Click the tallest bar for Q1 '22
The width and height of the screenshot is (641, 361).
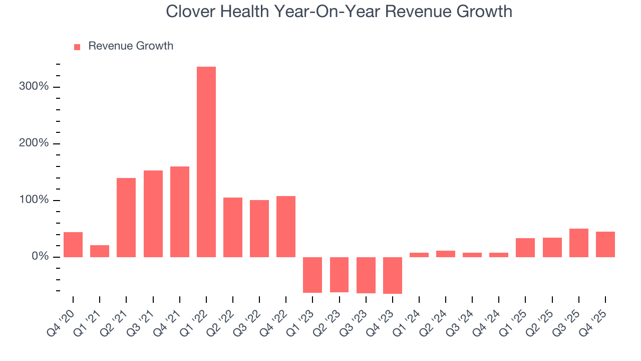[206, 161]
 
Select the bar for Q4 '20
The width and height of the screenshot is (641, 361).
[73, 245]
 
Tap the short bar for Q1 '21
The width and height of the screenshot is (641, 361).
[100, 251]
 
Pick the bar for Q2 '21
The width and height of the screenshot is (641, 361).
[126, 218]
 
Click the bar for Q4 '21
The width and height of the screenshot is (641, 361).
[180, 212]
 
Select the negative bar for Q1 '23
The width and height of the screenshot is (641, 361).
[312, 275]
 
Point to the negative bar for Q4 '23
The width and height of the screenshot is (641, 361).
[393, 275]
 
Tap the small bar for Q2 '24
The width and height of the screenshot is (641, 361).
[446, 254]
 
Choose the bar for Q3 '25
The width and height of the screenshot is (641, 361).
[579, 243]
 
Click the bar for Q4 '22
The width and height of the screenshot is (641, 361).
[286, 227]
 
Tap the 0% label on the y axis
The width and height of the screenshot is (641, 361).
[41, 257]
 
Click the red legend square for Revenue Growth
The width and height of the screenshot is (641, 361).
[77, 47]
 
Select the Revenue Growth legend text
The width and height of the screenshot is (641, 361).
[131, 46]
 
